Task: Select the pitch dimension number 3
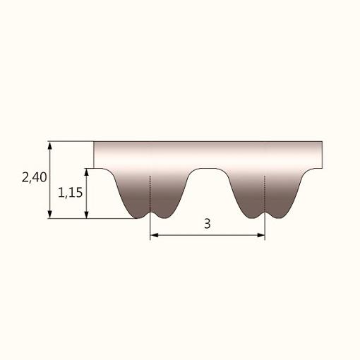[x=207, y=224]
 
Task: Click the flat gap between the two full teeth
[x=208, y=169]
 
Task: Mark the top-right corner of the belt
[x=322, y=143]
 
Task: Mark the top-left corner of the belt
[x=95, y=143]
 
